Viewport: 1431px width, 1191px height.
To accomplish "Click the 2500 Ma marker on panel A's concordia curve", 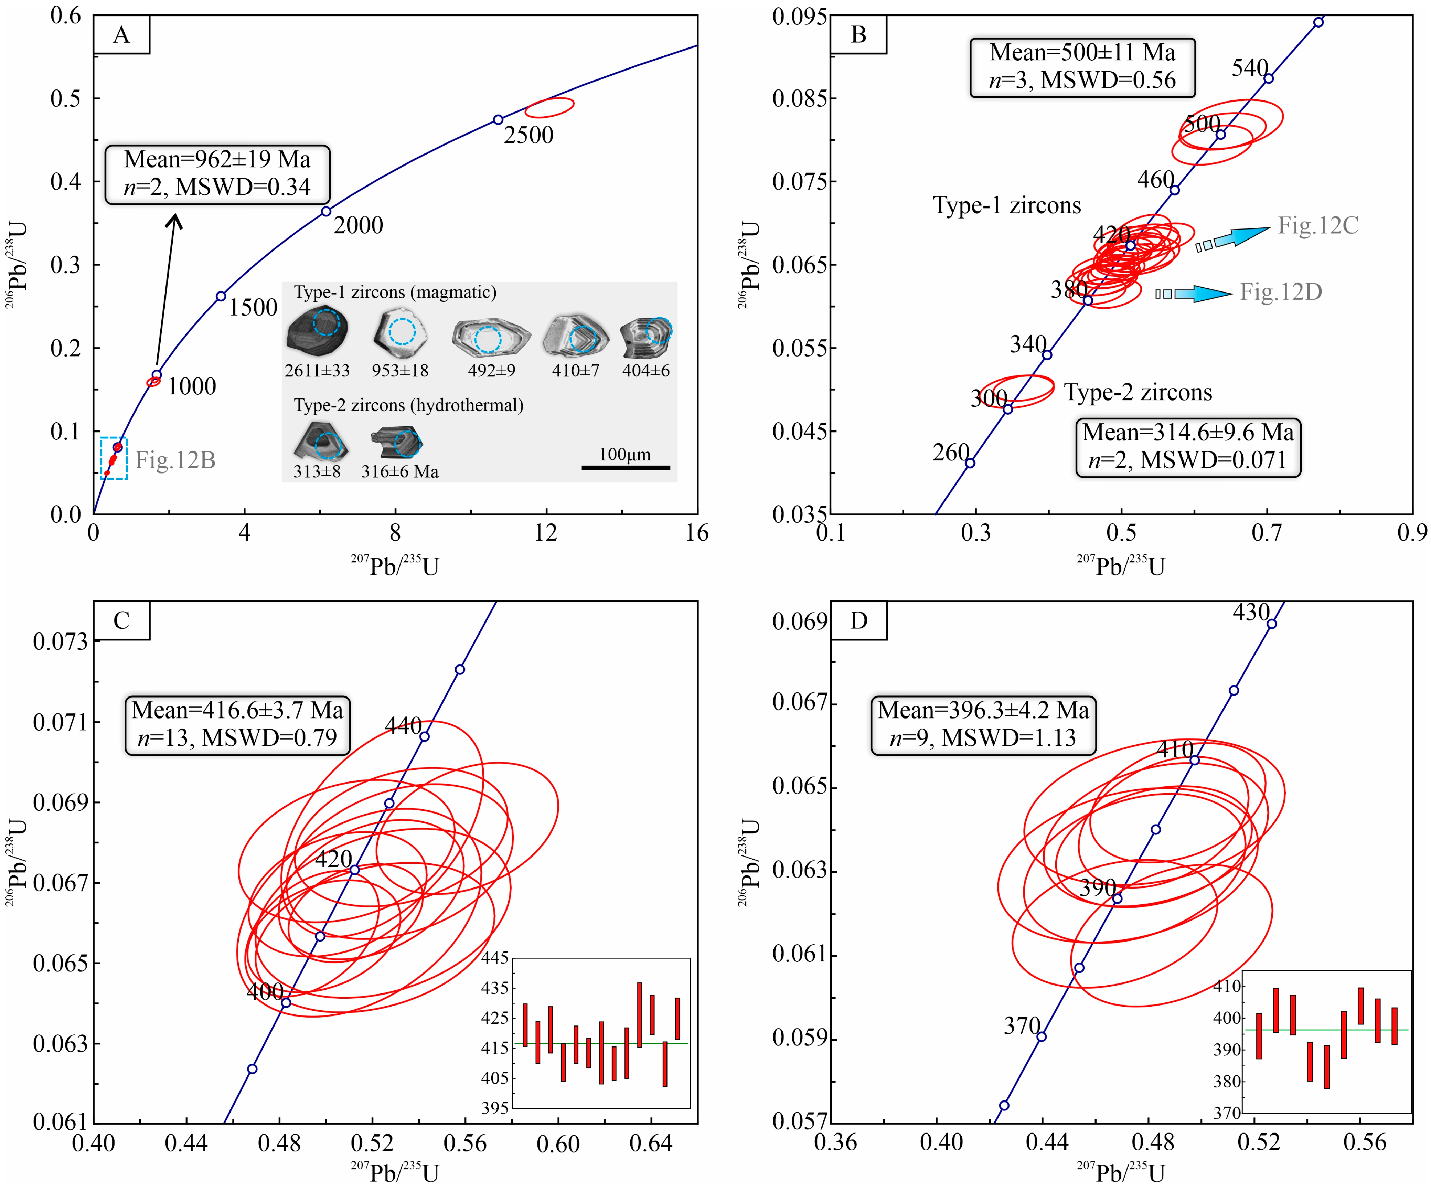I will pyautogui.click(x=498, y=120).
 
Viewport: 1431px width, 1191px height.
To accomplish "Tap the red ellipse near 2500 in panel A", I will pyautogui.click(x=549, y=107).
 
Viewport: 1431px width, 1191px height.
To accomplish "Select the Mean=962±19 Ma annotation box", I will pyautogui.click(x=217, y=174).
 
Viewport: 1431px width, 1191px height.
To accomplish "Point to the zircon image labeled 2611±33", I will pyautogui.click(x=318, y=333).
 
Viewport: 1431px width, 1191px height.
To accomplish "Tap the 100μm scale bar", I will pyautogui.click(x=626, y=467).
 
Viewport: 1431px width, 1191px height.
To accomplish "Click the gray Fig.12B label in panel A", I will pyautogui.click(x=175, y=460).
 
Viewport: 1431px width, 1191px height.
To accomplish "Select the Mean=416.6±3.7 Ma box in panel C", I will pyautogui.click(x=237, y=724).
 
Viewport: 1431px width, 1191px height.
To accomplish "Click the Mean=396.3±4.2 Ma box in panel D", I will pyautogui.click(x=983, y=724).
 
